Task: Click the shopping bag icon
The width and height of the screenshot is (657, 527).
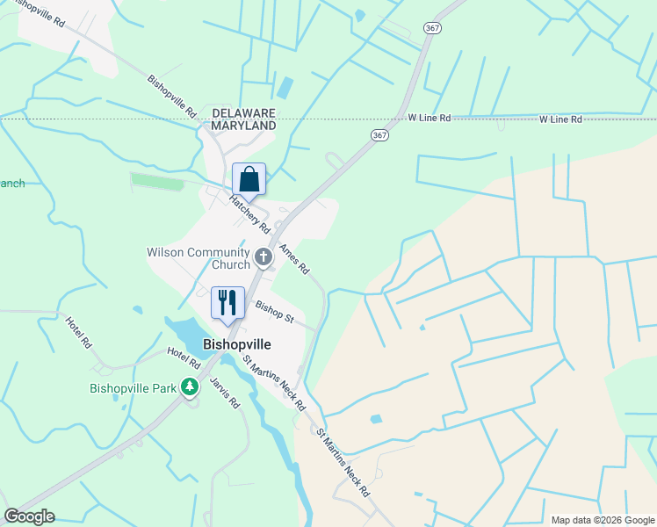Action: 249,179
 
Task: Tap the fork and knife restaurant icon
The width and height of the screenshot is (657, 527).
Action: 227,302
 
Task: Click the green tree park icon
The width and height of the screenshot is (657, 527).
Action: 190,386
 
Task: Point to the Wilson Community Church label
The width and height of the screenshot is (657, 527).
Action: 199,259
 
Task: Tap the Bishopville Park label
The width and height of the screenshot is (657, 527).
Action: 134,387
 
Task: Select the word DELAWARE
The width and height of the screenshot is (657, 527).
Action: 243,113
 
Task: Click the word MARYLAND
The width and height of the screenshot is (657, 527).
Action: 243,126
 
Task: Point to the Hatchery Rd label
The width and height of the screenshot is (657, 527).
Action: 249,213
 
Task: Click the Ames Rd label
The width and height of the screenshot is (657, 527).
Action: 293,259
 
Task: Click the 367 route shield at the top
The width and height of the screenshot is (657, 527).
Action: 431,28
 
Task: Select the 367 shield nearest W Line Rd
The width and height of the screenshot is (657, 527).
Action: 379,135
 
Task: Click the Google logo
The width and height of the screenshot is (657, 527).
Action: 29,516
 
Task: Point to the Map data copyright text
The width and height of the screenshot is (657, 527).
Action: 602,520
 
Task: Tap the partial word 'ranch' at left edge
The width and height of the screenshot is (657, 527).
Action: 12,184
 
